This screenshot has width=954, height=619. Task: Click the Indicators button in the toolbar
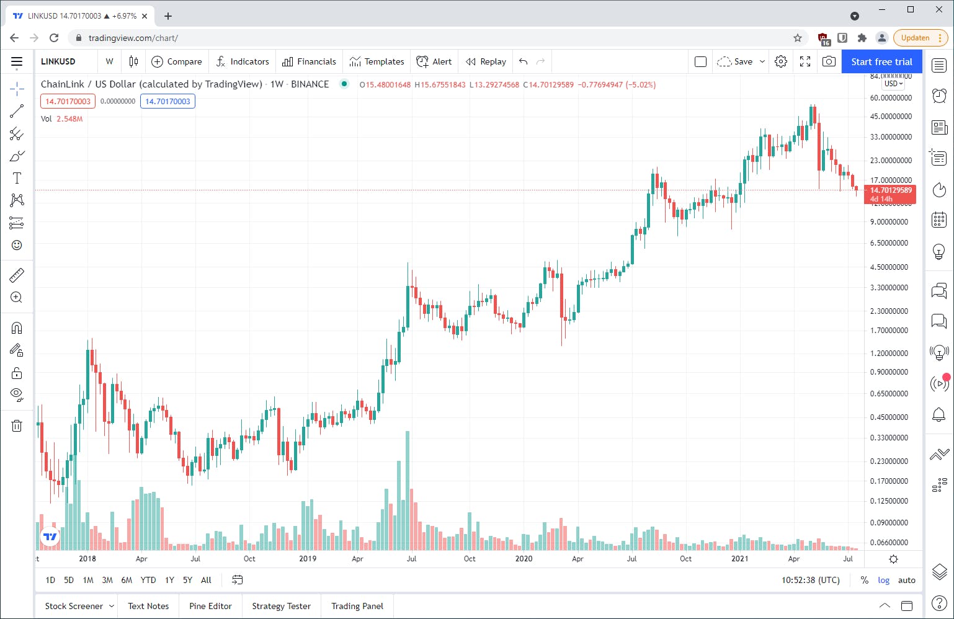[x=243, y=61]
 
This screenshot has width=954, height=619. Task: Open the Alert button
[x=434, y=61]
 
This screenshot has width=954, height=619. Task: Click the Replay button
[x=486, y=61]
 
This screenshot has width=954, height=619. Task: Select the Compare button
[x=177, y=61]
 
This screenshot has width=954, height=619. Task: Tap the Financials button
[x=309, y=61]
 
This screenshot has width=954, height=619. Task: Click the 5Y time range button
[x=187, y=580]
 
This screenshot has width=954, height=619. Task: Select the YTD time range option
[x=148, y=580]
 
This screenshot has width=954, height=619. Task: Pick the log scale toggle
[x=883, y=580]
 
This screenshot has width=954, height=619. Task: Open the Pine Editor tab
[x=210, y=606]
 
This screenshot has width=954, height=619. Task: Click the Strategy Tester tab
[x=281, y=606]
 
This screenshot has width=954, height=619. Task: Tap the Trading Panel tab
[x=357, y=606]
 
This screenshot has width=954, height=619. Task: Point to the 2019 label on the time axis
[x=308, y=558]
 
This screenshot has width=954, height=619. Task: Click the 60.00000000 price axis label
[x=891, y=97]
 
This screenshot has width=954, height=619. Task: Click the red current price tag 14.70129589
[x=890, y=190]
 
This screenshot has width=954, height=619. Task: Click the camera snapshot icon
[x=829, y=61]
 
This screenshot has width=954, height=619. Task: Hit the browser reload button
[x=54, y=38]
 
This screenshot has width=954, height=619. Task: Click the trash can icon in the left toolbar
[x=17, y=425]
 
